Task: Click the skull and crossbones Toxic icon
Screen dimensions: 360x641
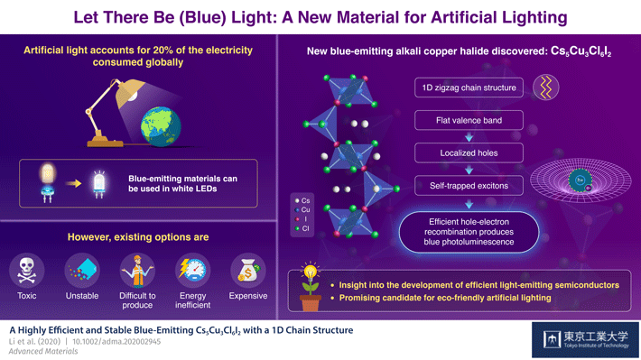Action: point(27,270)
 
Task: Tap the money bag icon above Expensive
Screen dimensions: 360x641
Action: point(247,270)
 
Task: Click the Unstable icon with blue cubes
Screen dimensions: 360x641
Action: point(82,270)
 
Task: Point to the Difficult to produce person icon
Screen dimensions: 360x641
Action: point(138,270)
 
